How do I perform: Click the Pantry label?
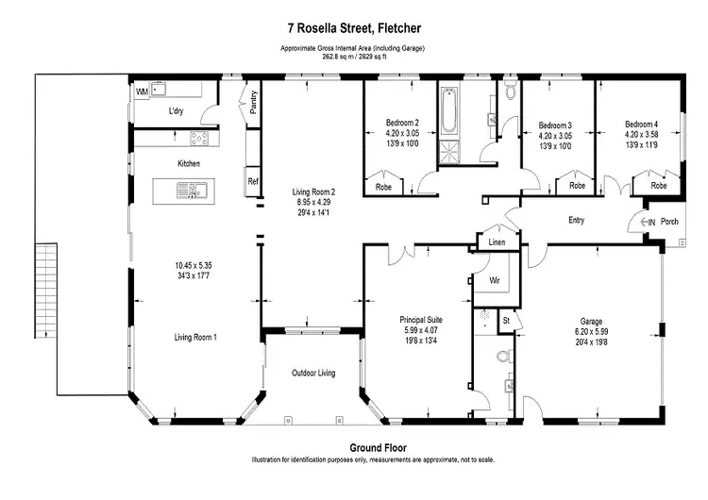[254, 103]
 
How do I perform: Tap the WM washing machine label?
[143, 92]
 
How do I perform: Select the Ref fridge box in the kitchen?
[253, 181]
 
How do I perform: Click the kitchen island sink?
[192, 191]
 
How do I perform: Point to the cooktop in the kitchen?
[199, 138]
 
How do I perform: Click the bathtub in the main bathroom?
[448, 111]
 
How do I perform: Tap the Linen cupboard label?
[497, 242]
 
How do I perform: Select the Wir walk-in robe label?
[495, 280]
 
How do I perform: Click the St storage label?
[506, 321]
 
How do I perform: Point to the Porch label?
[669, 222]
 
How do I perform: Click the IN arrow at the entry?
[648, 222]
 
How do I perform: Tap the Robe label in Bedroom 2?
[383, 187]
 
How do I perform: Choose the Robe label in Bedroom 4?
[659, 186]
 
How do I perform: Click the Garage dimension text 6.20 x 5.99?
[591, 332]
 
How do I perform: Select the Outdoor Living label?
[313, 374]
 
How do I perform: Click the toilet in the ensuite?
[505, 356]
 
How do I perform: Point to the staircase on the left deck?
[46, 291]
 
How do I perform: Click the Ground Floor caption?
[378, 448]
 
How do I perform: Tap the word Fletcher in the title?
[399, 28]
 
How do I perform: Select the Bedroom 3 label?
[555, 125]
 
